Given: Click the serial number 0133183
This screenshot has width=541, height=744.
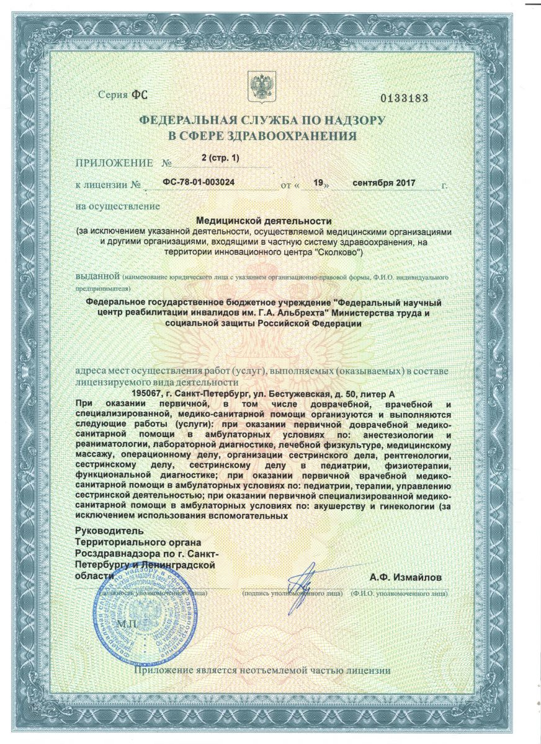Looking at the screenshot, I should tap(403, 99).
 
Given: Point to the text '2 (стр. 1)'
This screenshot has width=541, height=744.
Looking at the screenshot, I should tap(220, 158).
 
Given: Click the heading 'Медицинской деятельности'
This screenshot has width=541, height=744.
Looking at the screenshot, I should tap(264, 220).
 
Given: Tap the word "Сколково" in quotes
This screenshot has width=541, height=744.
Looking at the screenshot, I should tap(339, 253).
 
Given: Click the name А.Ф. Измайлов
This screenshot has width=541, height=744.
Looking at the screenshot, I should tap(406, 577).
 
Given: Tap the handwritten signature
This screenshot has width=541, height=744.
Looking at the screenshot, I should tap(302, 580).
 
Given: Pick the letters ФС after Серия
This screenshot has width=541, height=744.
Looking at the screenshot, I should tap(140, 95).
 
